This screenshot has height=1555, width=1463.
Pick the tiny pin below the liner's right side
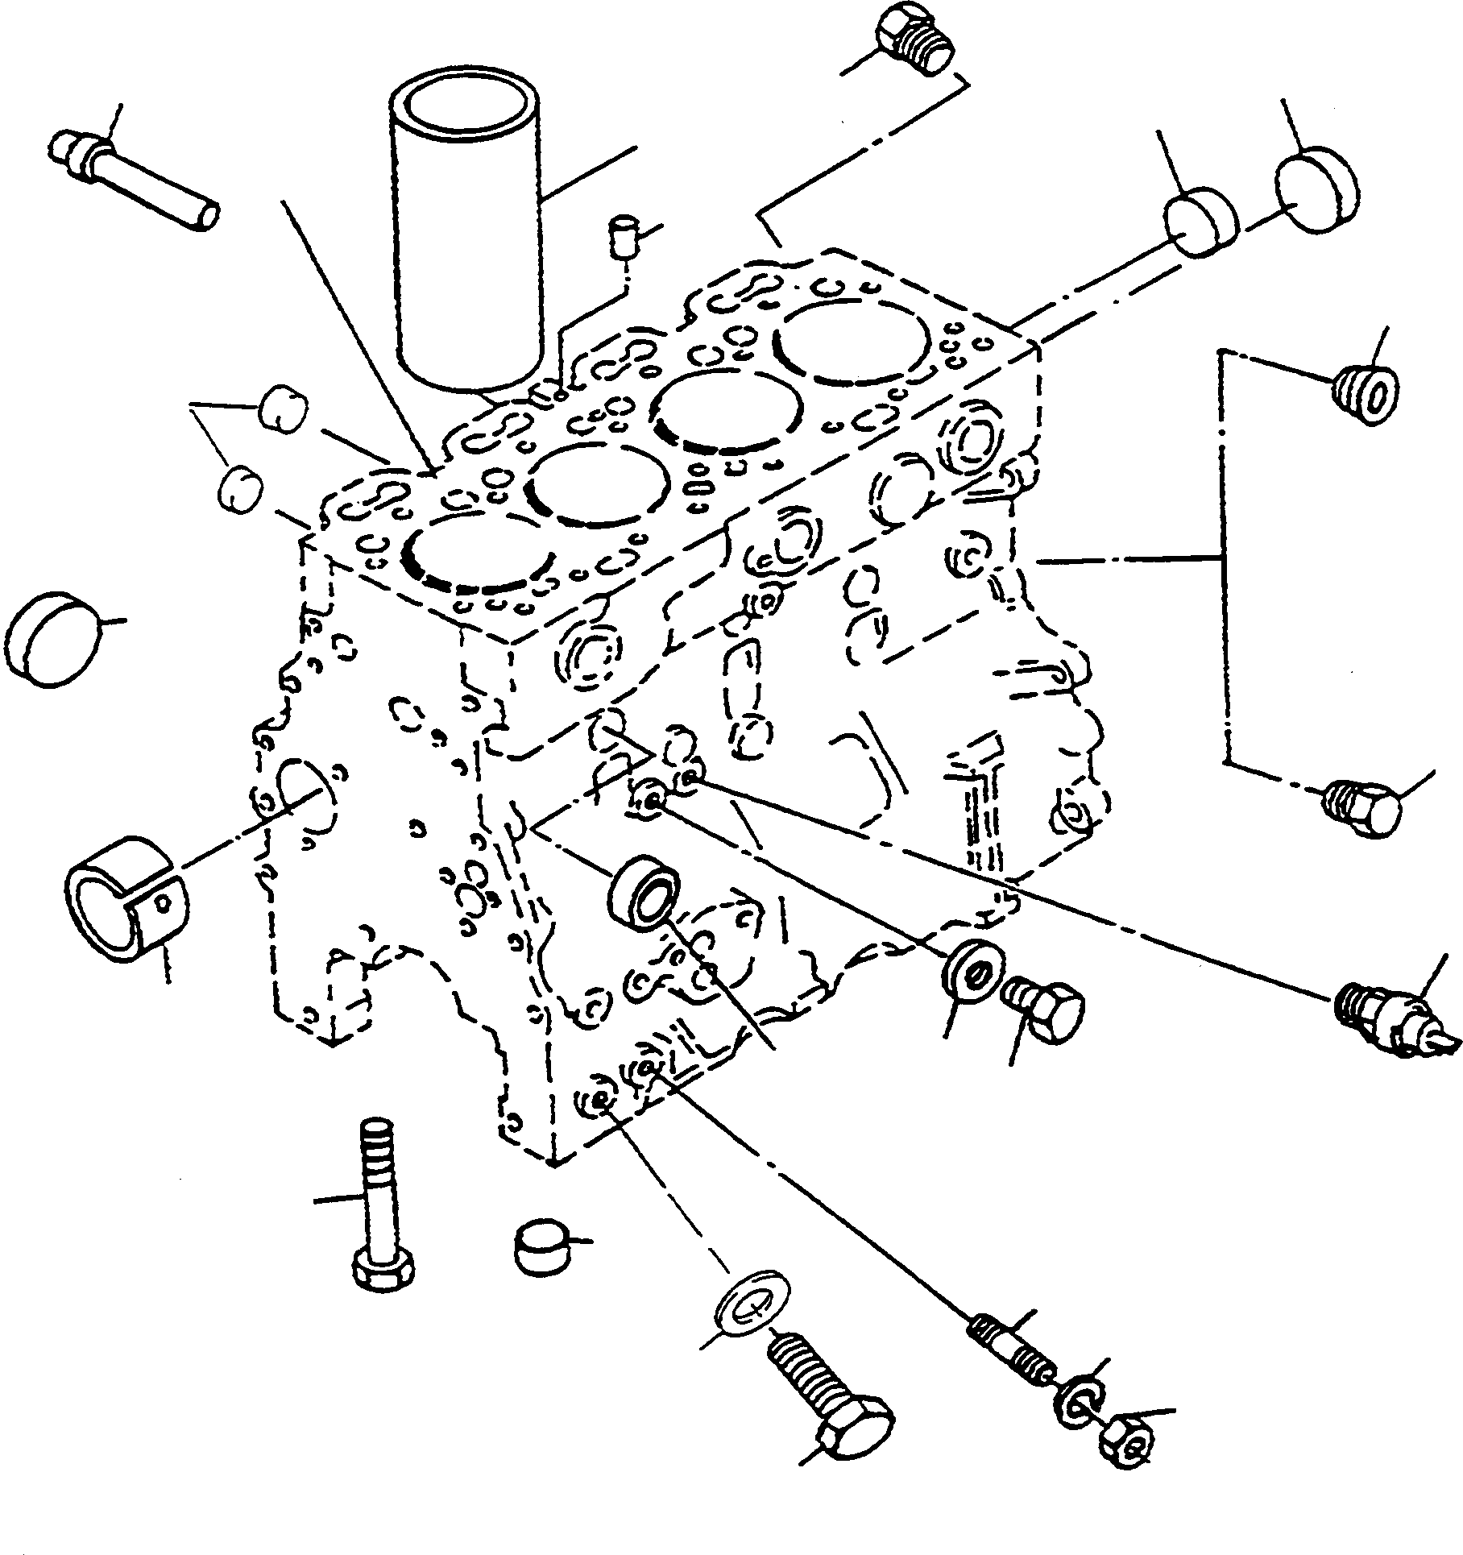[x=623, y=236]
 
